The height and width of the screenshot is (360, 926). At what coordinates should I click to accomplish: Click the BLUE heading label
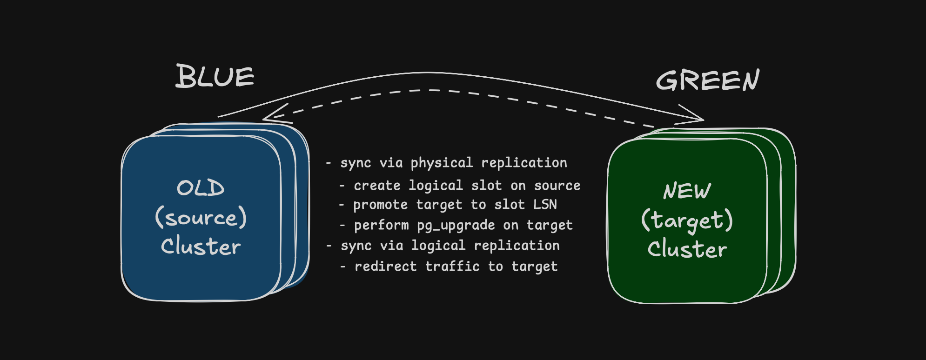[x=215, y=76]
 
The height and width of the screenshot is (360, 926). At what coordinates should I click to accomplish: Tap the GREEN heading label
[x=707, y=80]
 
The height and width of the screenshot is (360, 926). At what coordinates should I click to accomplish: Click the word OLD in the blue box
[x=201, y=188]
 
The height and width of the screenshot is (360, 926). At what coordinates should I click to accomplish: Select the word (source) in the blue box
[x=201, y=218]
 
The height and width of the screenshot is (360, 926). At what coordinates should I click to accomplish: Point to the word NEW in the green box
[x=687, y=191]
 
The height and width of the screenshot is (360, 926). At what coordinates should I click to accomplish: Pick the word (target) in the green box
[x=687, y=221]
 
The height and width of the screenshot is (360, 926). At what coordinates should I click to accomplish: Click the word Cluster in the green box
[x=687, y=249]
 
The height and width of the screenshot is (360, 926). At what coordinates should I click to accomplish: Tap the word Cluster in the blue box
[x=201, y=246]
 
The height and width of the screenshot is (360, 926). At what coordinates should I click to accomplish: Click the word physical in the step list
[x=442, y=163]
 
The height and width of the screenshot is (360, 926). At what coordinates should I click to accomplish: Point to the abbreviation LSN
[x=545, y=205]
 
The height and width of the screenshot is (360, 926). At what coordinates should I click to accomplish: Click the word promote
[x=380, y=205]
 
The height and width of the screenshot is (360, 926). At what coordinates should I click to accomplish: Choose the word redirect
[x=385, y=267]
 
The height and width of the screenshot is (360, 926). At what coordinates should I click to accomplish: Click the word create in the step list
[x=377, y=186]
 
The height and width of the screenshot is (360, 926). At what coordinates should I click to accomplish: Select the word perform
[x=381, y=226]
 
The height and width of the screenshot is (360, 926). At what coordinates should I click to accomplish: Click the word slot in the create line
[x=486, y=186]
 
